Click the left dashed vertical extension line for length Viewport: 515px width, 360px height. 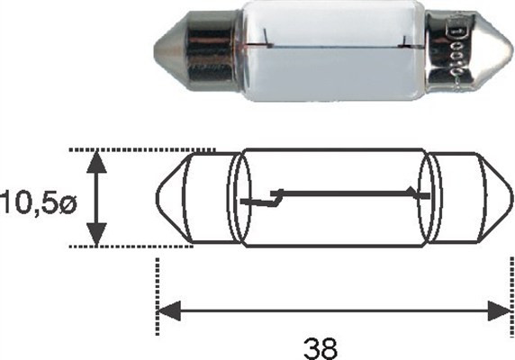pyautogui.click(x=158, y=279)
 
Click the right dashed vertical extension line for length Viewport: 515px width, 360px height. pyautogui.click(x=510, y=279)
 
